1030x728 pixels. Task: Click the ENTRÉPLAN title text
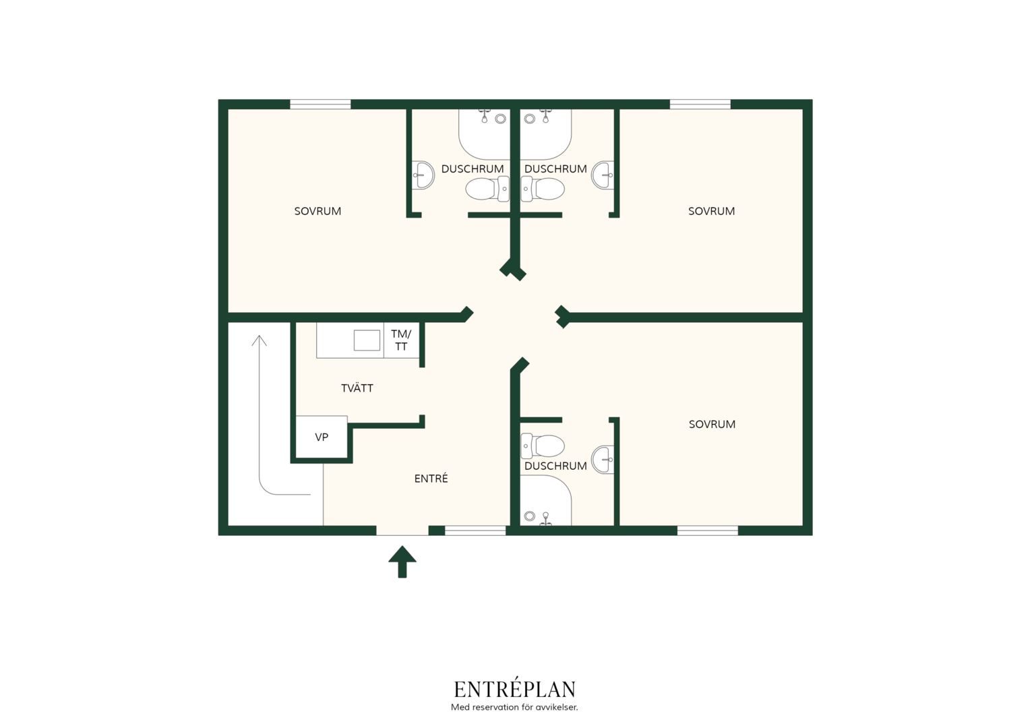coord(514,689)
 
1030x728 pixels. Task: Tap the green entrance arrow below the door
coord(402,562)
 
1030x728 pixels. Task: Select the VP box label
coord(322,437)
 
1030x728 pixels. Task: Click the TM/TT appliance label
coord(402,340)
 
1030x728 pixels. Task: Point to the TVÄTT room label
coord(357,388)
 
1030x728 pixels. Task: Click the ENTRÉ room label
coord(431,479)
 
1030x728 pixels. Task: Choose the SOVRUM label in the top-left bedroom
coord(317,211)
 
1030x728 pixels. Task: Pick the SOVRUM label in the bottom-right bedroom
coord(712,424)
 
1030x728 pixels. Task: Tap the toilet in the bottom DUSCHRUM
coord(542,446)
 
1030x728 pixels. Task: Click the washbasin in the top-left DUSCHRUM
coord(423,175)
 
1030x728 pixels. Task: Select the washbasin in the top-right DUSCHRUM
coord(603,175)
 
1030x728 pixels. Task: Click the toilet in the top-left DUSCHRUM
coord(487,189)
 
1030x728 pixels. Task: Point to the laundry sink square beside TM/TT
coord(367,340)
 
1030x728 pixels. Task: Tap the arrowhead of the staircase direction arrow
coord(260,340)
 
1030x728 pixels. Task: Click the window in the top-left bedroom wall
coord(320,104)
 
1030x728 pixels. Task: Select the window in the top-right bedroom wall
coord(700,104)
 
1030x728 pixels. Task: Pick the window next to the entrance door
coord(475,530)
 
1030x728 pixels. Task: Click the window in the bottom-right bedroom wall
coord(707,530)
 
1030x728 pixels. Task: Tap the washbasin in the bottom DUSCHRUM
coord(603,460)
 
